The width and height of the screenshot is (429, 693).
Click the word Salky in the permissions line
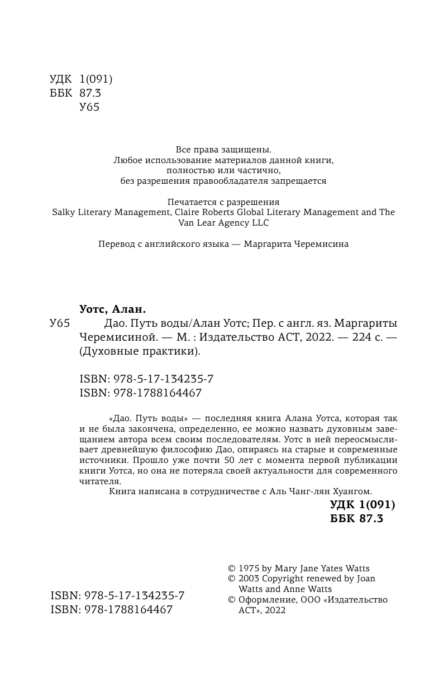pos(64,212)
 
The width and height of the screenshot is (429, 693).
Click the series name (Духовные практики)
pos(140,351)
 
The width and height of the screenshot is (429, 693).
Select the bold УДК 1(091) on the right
pos(363,505)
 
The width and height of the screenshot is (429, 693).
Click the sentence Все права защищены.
pos(223,149)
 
